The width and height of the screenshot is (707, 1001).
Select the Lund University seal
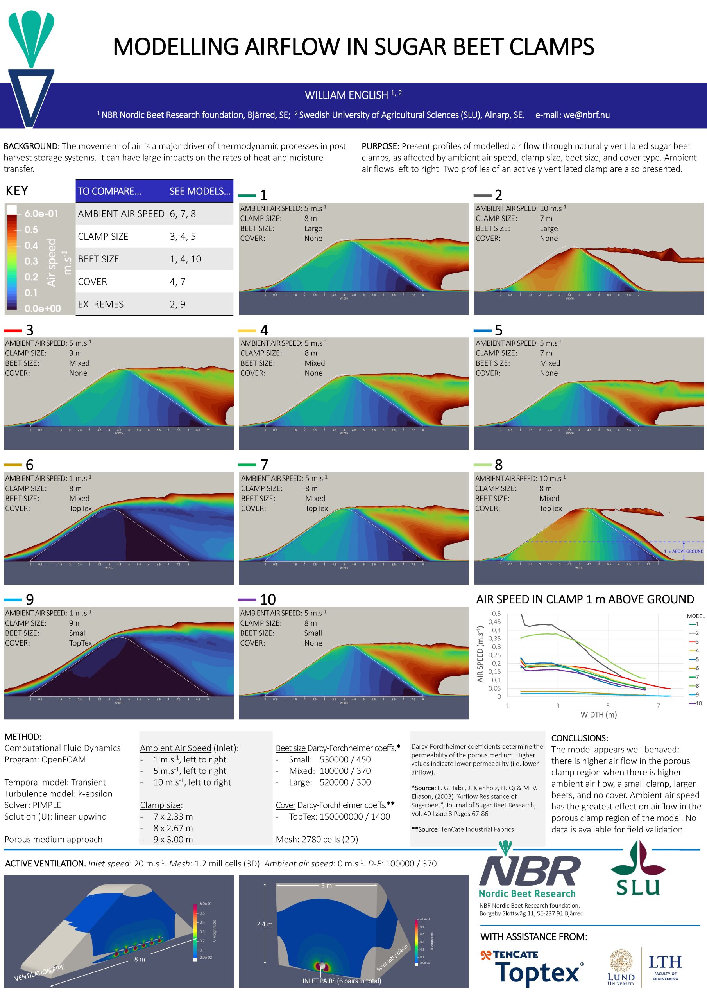[621, 962]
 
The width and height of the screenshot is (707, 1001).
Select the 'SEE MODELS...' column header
[200, 191]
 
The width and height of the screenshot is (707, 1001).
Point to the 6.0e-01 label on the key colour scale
[41, 213]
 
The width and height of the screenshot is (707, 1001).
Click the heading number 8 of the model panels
[499, 465]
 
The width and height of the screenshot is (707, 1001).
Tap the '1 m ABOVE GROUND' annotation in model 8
[683, 551]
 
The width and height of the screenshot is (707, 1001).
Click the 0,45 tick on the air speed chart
[494, 622]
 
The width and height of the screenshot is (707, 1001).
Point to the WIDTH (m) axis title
[598, 714]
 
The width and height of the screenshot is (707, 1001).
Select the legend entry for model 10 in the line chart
[696, 703]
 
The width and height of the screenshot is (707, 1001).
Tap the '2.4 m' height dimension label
[264, 924]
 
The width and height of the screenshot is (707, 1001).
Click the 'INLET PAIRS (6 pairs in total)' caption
[342, 981]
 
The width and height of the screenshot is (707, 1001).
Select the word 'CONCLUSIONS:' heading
[579, 738]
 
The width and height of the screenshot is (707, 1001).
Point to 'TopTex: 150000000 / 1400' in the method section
[339, 816]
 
